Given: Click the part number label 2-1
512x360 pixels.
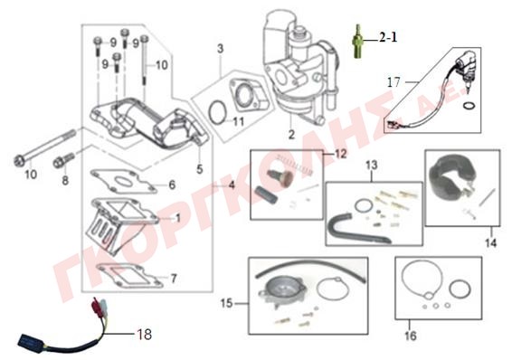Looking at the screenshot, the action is pyautogui.click(x=388, y=38).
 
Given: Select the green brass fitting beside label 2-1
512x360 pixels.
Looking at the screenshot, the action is pyautogui.click(x=358, y=42).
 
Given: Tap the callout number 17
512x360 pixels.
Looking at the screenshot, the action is pyautogui.click(x=393, y=82).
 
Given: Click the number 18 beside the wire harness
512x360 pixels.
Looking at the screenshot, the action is pyautogui.click(x=145, y=334).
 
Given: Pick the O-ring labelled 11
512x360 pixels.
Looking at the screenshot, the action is pyautogui.click(x=217, y=113).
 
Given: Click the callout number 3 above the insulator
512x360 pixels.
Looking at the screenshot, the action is pyautogui.click(x=221, y=49).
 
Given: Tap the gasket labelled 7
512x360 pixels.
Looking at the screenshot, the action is pyautogui.click(x=130, y=276).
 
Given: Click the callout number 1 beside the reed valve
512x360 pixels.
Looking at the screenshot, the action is pyautogui.click(x=178, y=218).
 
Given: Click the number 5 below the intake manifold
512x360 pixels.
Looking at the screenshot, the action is pyautogui.click(x=200, y=169).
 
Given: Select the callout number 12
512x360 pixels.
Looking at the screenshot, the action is pyautogui.click(x=340, y=154).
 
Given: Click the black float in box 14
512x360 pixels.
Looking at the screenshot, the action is pyautogui.click(x=448, y=178).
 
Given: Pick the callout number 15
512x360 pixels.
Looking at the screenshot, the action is pyautogui.click(x=227, y=303).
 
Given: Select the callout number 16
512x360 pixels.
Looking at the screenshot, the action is pyautogui.click(x=411, y=336).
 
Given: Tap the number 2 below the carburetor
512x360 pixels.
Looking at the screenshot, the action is pyautogui.click(x=291, y=134).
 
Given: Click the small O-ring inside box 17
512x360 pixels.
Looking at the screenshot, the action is pyautogui.click(x=469, y=106).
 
